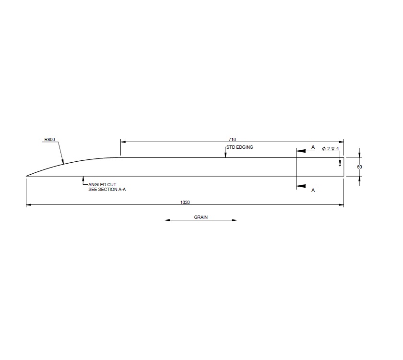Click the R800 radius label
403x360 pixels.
[x=50, y=140]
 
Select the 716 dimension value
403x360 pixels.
[x=233, y=139]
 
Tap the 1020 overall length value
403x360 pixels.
[x=185, y=202]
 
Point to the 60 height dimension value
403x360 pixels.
[x=359, y=167]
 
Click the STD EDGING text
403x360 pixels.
[x=240, y=147]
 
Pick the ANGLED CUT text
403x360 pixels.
[x=102, y=184]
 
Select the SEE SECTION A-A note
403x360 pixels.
[x=107, y=190]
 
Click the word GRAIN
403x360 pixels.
[x=201, y=217]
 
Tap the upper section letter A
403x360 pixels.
[x=313, y=146]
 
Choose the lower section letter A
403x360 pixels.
[x=313, y=190]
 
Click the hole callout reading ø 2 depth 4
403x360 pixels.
[x=331, y=149]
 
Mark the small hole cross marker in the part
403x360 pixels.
[x=340, y=165]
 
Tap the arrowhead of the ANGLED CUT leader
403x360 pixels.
[x=84, y=178]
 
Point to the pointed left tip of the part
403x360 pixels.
[x=26, y=176]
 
